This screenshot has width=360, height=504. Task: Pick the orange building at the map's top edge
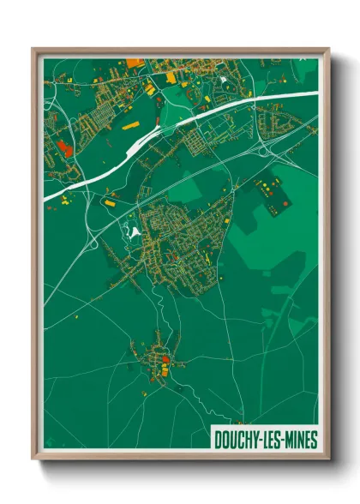coord(133,63)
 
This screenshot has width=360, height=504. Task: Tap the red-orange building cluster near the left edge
coord(64,147)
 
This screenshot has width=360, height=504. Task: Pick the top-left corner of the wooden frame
coord(33,49)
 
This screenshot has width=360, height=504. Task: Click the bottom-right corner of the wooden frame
coord(328,461)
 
